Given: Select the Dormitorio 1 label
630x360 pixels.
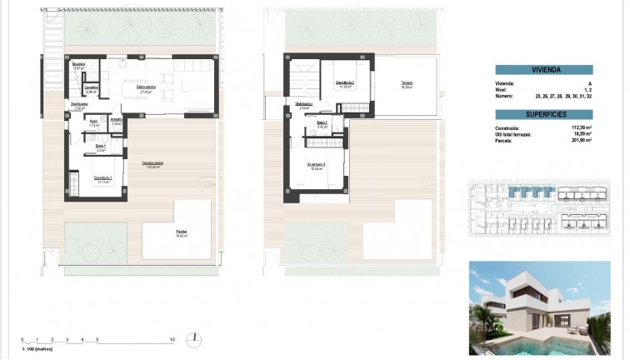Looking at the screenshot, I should point(104,178).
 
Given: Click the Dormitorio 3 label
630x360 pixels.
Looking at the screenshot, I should point(312,164).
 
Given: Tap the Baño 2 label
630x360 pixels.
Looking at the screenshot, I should point(322,122).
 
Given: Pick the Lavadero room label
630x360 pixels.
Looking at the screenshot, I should point(92,88).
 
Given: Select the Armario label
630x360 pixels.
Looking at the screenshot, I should point(117,120).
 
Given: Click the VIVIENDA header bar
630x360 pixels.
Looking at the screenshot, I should point(544,71).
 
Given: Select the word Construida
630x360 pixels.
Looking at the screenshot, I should point(507,127).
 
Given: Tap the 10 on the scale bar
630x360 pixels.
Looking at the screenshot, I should point(172,339).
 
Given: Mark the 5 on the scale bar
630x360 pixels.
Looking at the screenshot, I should point(97,339).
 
